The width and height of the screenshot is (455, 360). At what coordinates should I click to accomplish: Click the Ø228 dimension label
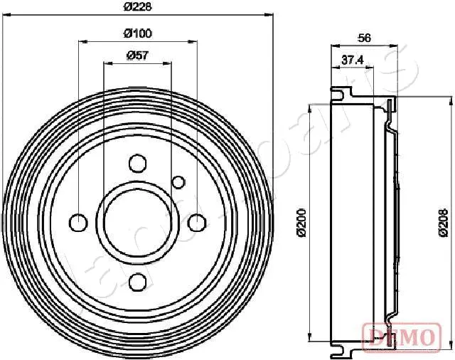click(139, 6)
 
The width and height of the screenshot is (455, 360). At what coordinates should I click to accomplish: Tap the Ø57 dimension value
click(137, 56)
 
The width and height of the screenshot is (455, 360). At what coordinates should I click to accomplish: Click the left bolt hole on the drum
click(79, 223)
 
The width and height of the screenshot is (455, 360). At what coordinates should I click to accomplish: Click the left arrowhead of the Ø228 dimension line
click(8, 14)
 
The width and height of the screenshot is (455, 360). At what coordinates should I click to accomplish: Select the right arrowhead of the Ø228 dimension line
click(270, 14)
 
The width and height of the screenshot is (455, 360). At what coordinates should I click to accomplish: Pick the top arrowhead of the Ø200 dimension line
click(310, 109)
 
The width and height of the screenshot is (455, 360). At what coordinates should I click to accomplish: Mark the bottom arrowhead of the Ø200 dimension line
click(310, 338)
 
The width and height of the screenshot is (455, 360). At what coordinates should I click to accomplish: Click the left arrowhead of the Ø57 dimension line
click(107, 63)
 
